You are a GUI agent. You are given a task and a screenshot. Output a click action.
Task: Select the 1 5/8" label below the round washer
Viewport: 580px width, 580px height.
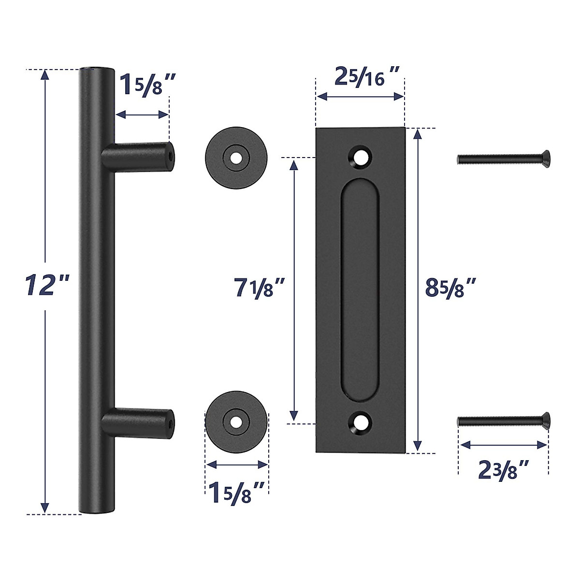(x=237, y=493)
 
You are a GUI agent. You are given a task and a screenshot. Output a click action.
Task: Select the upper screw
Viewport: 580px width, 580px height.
(x=503, y=157)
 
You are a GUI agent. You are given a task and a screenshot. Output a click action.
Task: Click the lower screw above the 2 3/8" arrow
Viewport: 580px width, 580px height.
(x=503, y=421)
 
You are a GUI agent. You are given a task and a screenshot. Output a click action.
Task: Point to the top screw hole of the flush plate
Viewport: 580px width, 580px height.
(x=360, y=157)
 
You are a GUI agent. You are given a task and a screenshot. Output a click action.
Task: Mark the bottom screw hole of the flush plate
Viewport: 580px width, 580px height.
(x=360, y=422)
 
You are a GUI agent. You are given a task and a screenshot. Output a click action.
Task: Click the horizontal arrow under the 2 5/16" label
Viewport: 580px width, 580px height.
(x=360, y=97)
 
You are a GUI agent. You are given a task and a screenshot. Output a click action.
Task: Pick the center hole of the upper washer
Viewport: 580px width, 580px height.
(x=236, y=159)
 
